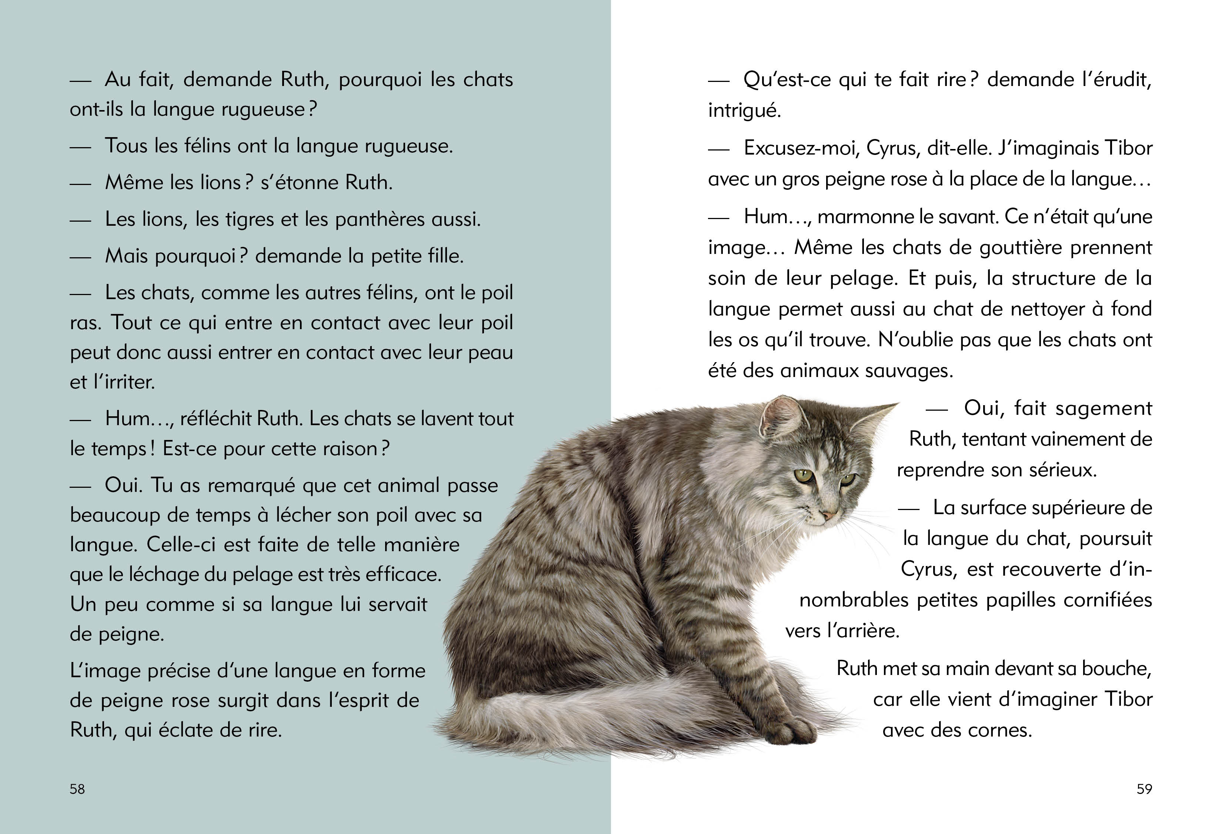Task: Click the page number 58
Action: (x=77, y=789)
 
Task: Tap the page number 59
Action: (x=1144, y=789)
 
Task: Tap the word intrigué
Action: (x=744, y=110)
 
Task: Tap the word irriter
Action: (x=129, y=383)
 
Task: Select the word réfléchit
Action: (x=216, y=419)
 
